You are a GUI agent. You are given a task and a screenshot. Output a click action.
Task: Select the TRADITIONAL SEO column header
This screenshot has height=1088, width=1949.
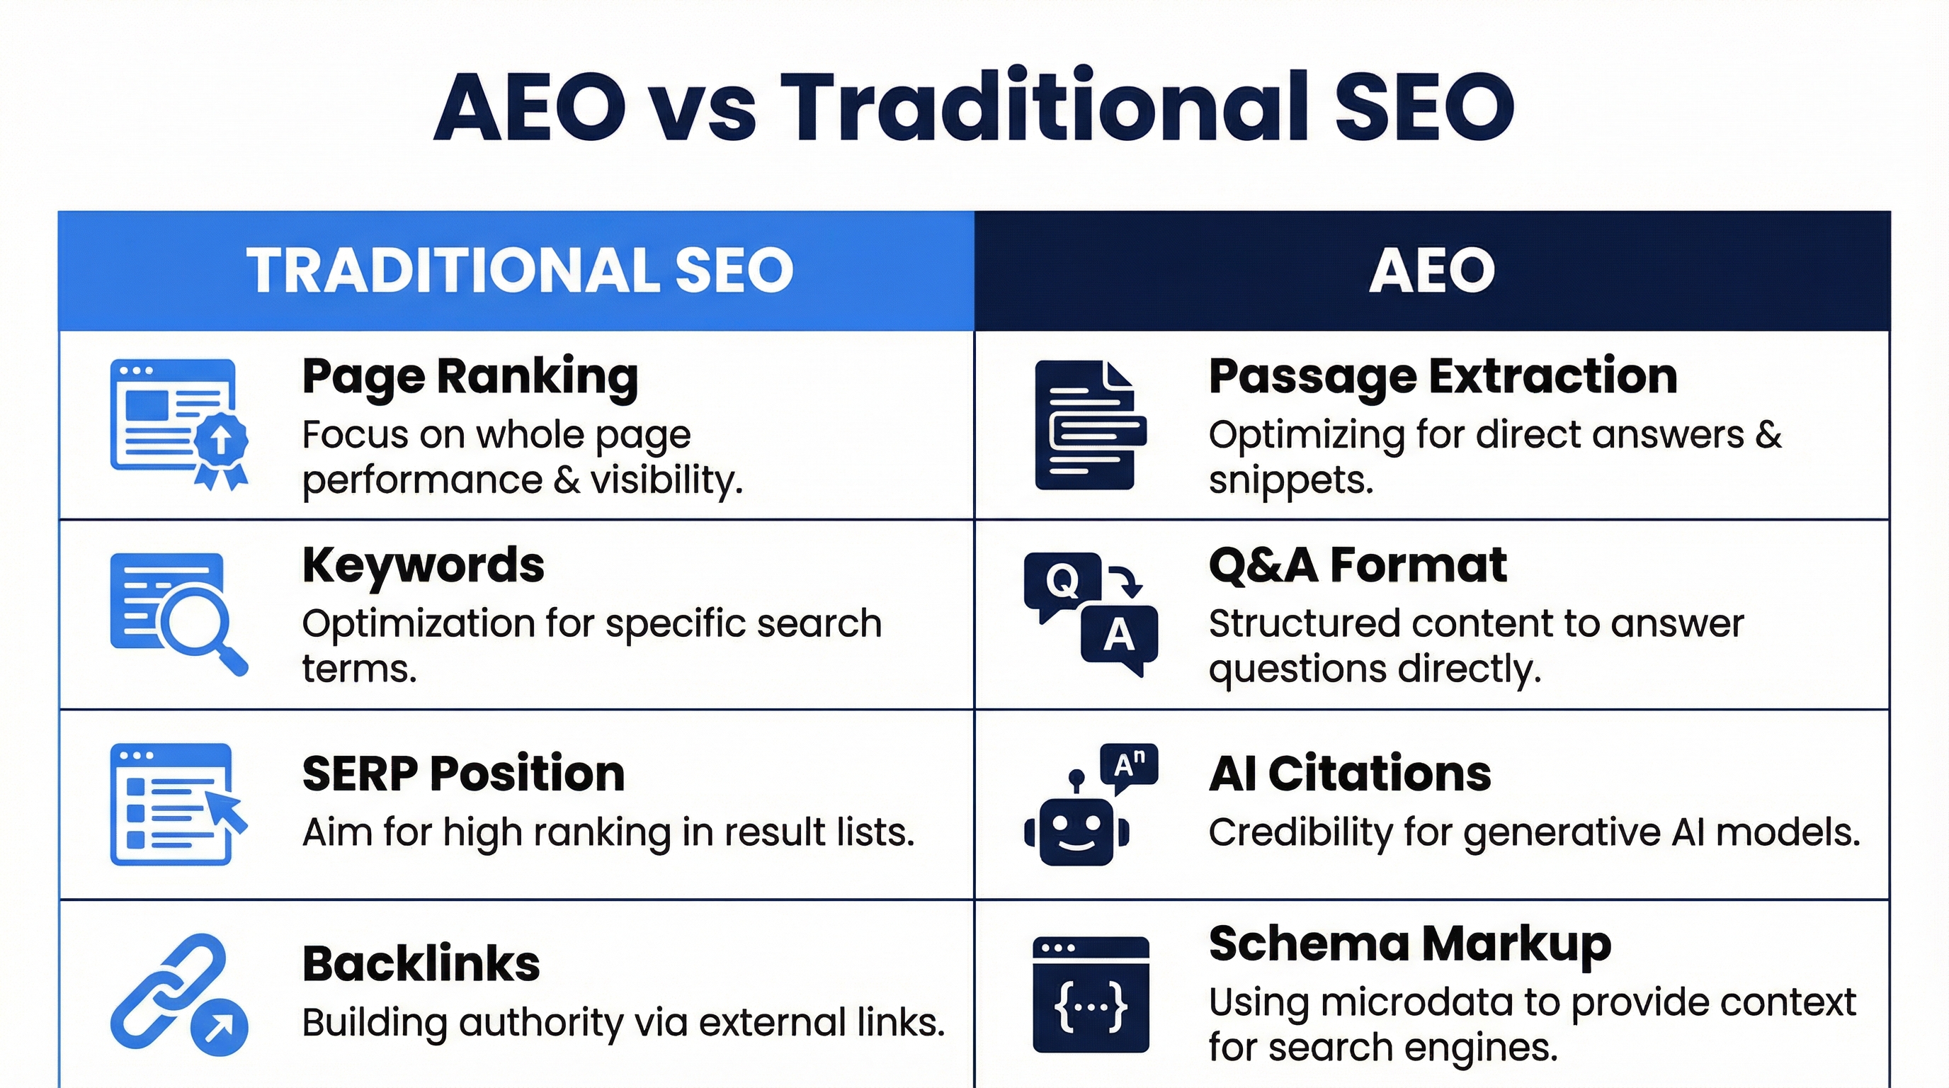point(520,271)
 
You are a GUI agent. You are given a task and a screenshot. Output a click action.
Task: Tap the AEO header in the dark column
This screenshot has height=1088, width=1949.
point(1431,271)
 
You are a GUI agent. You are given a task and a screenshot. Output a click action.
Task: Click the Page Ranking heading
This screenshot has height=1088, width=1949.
point(470,376)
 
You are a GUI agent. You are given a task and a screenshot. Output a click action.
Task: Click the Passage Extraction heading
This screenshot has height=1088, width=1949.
point(1442,376)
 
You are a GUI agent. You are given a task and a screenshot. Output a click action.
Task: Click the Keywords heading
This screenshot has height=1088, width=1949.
point(423,565)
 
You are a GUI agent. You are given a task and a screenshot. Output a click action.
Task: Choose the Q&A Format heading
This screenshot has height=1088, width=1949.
point(1358,565)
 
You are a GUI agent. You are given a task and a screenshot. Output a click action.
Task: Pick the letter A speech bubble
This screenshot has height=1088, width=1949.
point(1119,635)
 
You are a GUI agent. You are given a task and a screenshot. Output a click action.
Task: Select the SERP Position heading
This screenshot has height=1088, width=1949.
point(463,774)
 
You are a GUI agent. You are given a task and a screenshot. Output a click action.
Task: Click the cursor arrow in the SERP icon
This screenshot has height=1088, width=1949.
point(229,812)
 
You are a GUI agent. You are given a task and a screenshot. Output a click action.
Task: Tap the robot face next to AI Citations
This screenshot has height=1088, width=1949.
point(1076,830)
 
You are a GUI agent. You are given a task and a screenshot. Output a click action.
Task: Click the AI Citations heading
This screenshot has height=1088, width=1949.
point(1349,774)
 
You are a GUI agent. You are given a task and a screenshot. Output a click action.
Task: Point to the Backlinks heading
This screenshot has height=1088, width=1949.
point(421,964)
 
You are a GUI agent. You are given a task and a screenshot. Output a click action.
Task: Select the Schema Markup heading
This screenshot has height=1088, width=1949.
point(1409,944)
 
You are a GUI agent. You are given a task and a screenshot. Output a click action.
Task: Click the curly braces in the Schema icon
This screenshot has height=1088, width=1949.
point(1090,1007)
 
